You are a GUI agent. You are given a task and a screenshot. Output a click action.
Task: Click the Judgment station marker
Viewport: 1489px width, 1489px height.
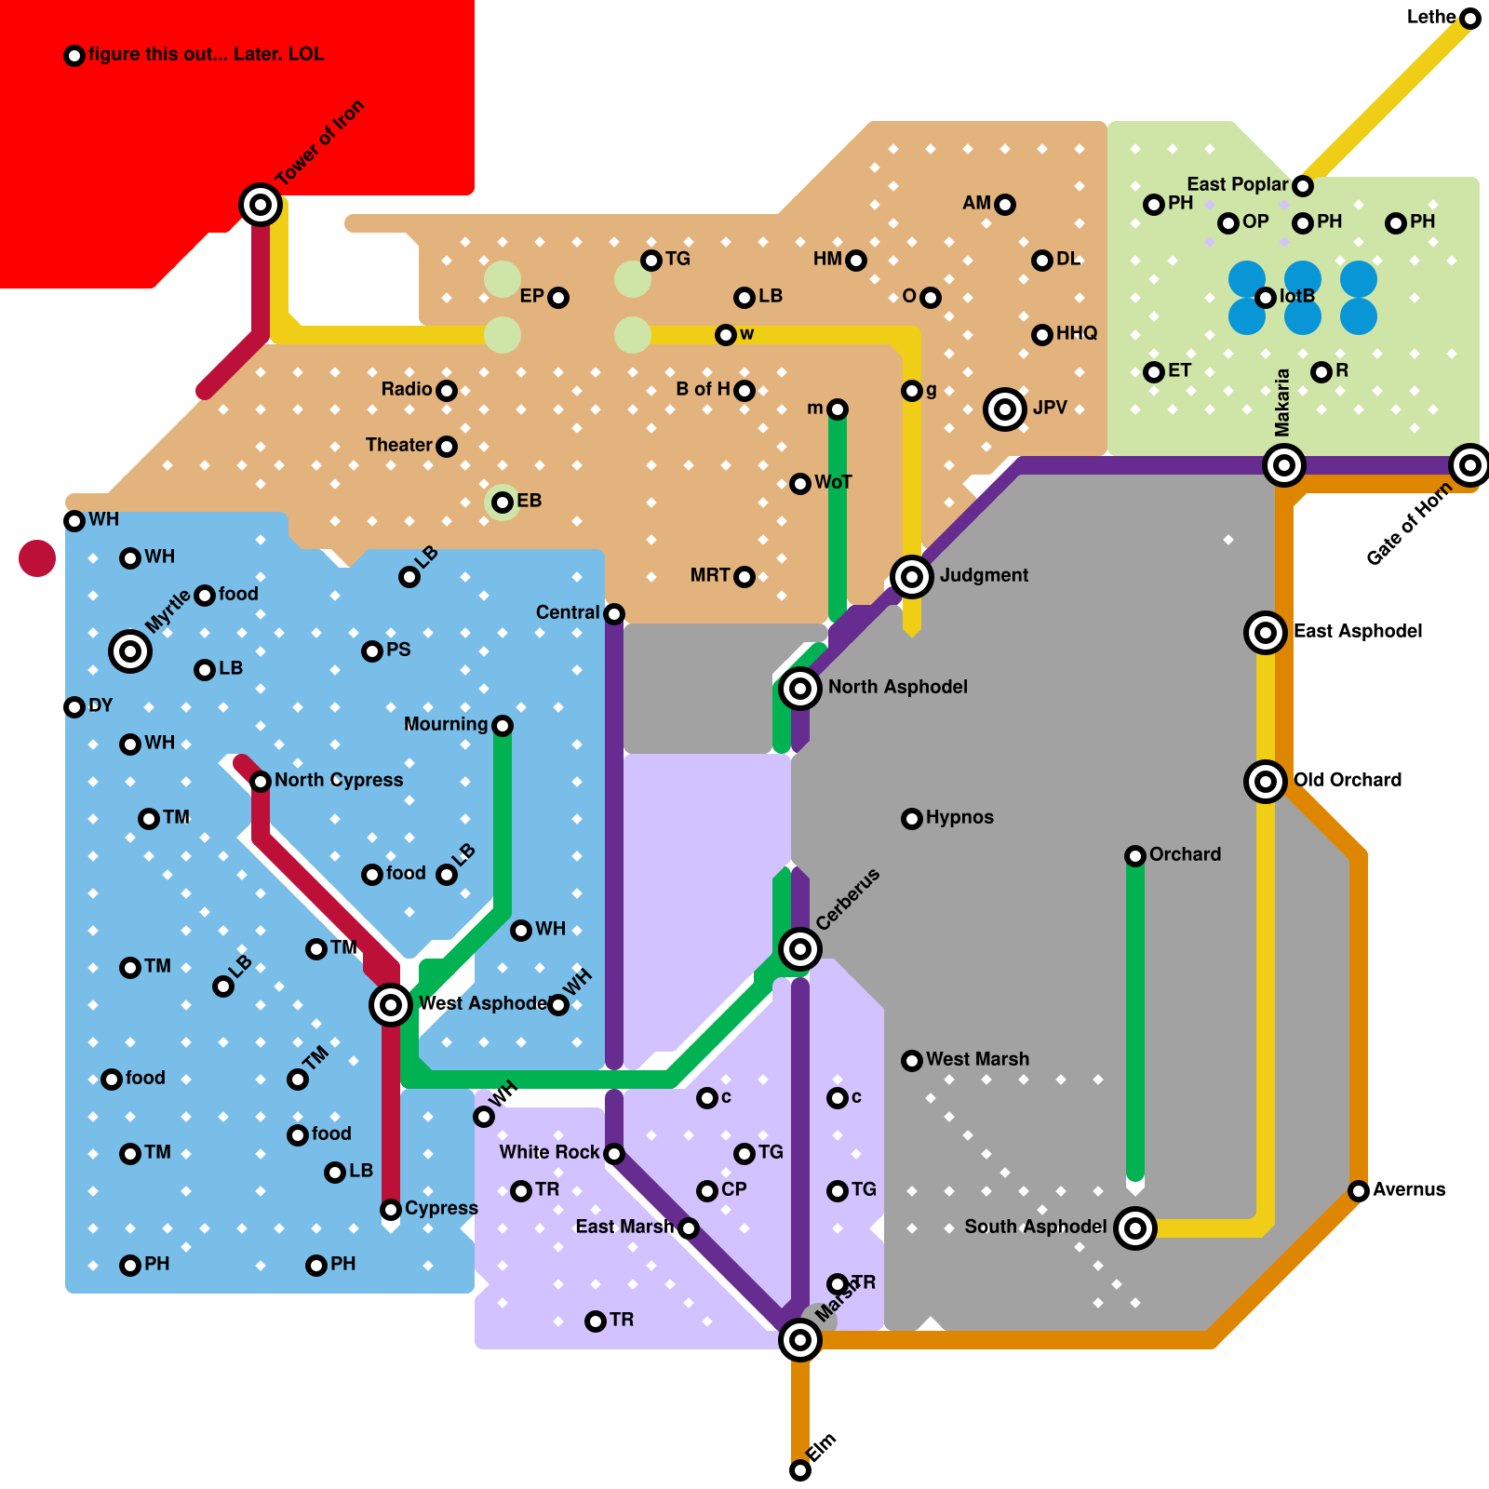pyautogui.click(x=912, y=577)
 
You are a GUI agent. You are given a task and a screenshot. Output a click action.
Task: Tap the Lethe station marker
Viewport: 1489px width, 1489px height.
pyautogui.click(x=1470, y=19)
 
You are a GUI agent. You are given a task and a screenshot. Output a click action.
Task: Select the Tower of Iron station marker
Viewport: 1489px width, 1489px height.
pyautogui.click(x=261, y=205)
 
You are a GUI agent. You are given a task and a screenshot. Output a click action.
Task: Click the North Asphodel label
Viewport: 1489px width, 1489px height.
pyautogui.click(x=897, y=687)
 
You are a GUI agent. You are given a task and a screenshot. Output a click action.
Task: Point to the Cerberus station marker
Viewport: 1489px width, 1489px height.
pyautogui.click(x=800, y=949)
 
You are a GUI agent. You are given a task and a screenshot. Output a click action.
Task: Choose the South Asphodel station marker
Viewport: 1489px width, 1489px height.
pyautogui.click(x=1135, y=1228)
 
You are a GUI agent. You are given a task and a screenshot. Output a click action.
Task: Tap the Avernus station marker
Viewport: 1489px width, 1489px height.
pyautogui.click(x=1359, y=1191)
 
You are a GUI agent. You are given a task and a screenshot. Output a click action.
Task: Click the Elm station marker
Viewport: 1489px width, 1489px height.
pyautogui.click(x=800, y=1470)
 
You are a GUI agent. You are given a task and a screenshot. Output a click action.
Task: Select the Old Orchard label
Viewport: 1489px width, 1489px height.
pyautogui.click(x=1347, y=780)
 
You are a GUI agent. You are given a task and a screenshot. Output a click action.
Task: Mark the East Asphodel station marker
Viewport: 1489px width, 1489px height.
pyautogui.click(x=1266, y=633)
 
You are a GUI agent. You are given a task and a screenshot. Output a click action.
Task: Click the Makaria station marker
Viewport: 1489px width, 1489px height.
pyautogui.click(x=1284, y=465)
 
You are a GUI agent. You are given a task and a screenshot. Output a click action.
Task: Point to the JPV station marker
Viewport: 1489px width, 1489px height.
pyautogui.click(x=1005, y=409)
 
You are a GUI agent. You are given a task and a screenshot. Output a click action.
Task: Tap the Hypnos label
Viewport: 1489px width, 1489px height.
pyautogui.click(x=959, y=817)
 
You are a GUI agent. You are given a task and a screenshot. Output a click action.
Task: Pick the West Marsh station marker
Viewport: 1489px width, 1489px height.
pyautogui.click(x=912, y=1061)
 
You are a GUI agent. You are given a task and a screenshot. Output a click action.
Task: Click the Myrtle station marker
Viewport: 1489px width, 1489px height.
pyautogui.click(x=130, y=651)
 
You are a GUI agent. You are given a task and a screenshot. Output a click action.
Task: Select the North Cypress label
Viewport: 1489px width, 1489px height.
pyautogui.click(x=339, y=780)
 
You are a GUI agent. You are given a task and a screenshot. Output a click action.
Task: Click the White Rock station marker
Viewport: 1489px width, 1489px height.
pyautogui.click(x=614, y=1154)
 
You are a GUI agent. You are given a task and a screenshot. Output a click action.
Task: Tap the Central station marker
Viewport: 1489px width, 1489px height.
pyautogui.click(x=614, y=614)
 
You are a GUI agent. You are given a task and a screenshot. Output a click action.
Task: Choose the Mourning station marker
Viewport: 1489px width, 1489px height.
pyautogui.click(x=503, y=726)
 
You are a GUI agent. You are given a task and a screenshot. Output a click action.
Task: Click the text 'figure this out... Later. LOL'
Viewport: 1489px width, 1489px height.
pyautogui.click(x=206, y=54)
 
